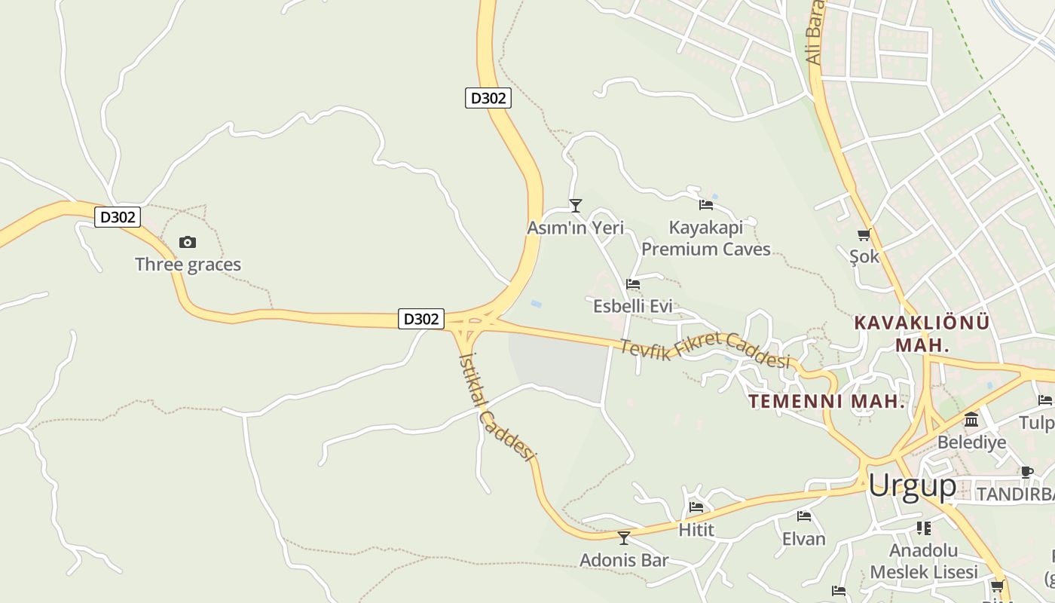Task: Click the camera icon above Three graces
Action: click(x=188, y=242)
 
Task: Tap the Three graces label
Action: click(x=188, y=265)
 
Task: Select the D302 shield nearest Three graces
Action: click(x=118, y=217)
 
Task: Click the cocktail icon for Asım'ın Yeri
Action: click(x=576, y=205)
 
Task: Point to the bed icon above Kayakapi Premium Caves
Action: click(x=706, y=204)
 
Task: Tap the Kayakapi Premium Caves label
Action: click(x=706, y=238)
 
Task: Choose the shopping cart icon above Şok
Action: click(x=864, y=234)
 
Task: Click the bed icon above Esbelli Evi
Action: click(x=633, y=284)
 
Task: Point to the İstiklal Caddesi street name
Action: click(x=497, y=406)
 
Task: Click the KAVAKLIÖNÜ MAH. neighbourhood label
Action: click(x=922, y=333)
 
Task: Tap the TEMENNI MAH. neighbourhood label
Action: click(x=827, y=401)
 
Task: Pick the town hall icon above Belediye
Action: click(x=971, y=419)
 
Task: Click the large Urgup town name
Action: click(x=912, y=486)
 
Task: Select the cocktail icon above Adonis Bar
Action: click(x=623, y=537)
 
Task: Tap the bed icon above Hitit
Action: click(x=696, y=507)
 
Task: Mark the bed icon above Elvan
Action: click(x=804, y=516)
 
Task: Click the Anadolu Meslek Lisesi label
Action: click(x=924, y=561)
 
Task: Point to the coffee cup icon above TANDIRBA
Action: click(x=1026, y=472)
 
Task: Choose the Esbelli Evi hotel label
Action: click(x=633, y=307)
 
